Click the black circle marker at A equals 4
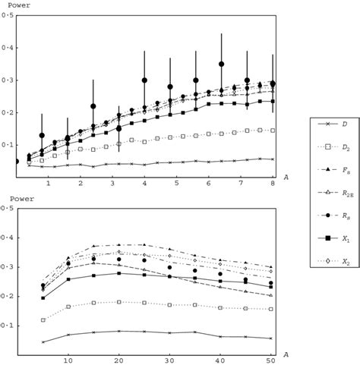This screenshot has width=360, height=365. coord(144,80)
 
